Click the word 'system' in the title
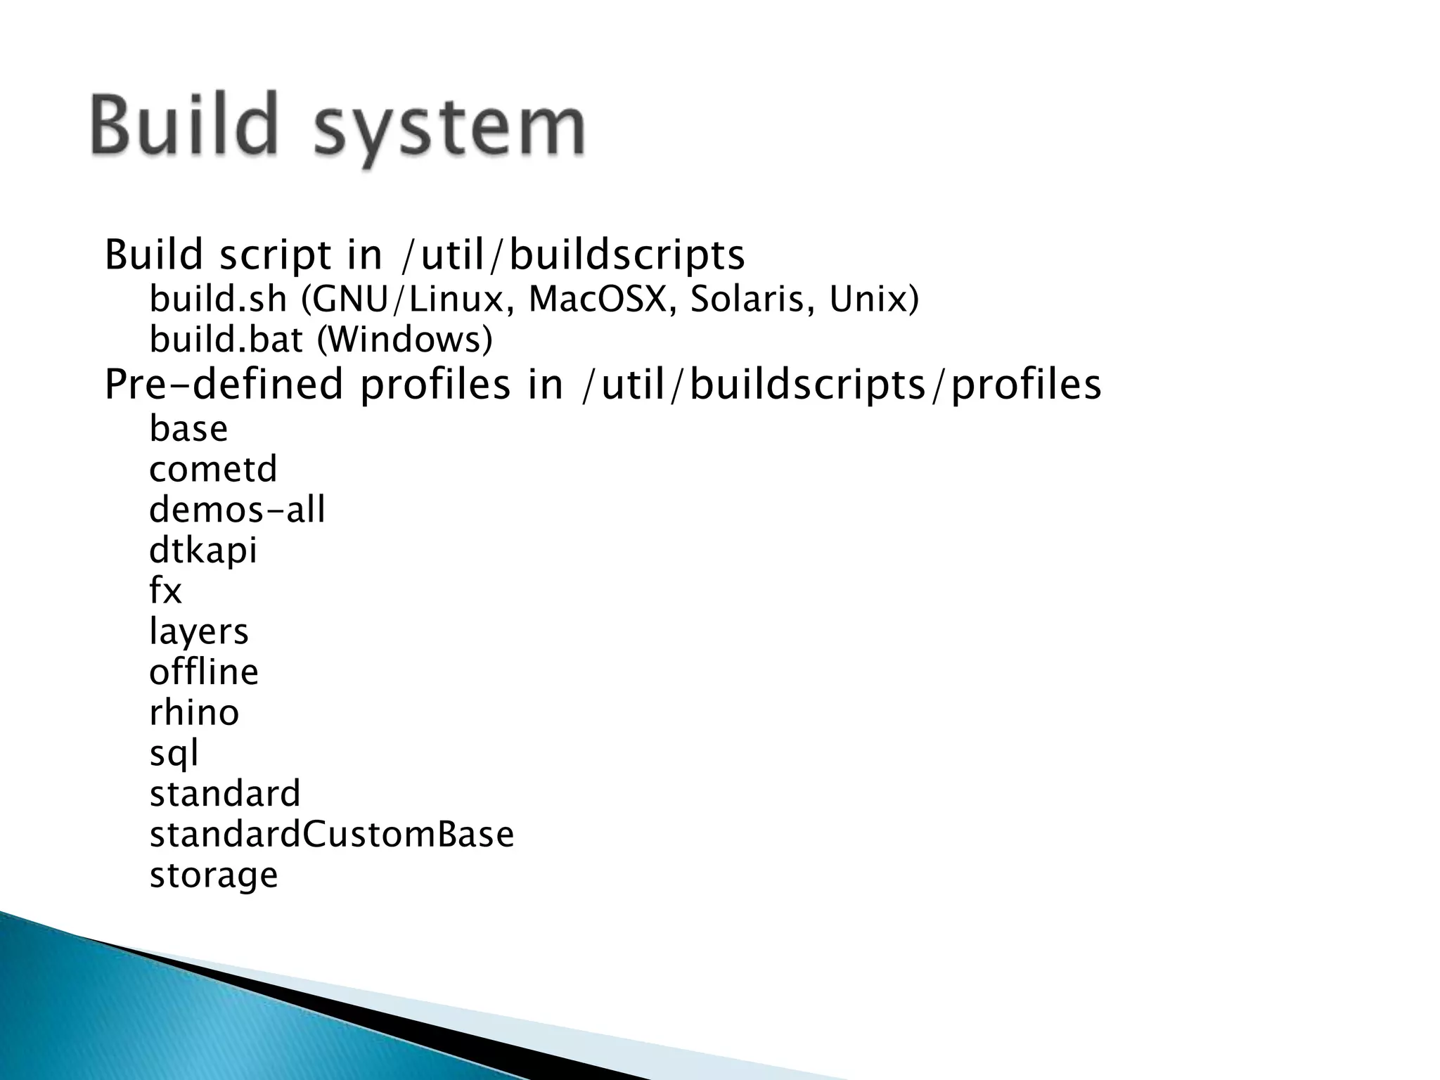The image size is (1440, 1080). (x=449, y=129)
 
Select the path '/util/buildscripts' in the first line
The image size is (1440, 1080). (x=572, y=255)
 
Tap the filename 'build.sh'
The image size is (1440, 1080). (x=218, y=300)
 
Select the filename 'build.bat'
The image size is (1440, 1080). (x=226, y=340)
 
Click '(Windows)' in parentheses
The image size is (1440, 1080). (x=404, y=340)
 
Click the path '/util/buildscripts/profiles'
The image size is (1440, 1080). (x=841, y=385)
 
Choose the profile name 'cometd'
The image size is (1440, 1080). (x=213, y=469)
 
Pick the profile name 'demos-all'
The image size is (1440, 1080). (x=237, y=510)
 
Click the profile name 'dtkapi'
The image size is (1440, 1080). (x=203, y=551)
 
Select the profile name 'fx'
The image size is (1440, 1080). (x=165, y=591)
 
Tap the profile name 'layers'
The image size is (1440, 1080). (x=198, y=631)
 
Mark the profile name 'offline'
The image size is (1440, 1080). (x=203, y=671)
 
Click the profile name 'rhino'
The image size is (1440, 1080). (x=194, y=712)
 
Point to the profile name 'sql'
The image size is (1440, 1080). (x=174, y=753)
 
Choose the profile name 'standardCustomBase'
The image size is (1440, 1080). (x=332, y=835)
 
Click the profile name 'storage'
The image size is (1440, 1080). (x=214, y=875)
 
